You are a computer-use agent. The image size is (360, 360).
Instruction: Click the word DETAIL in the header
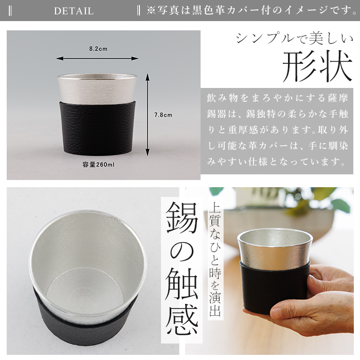coord(74,11)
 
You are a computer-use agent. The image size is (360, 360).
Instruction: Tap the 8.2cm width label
coord(98,49)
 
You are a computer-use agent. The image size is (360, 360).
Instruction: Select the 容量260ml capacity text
coord(98,165)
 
